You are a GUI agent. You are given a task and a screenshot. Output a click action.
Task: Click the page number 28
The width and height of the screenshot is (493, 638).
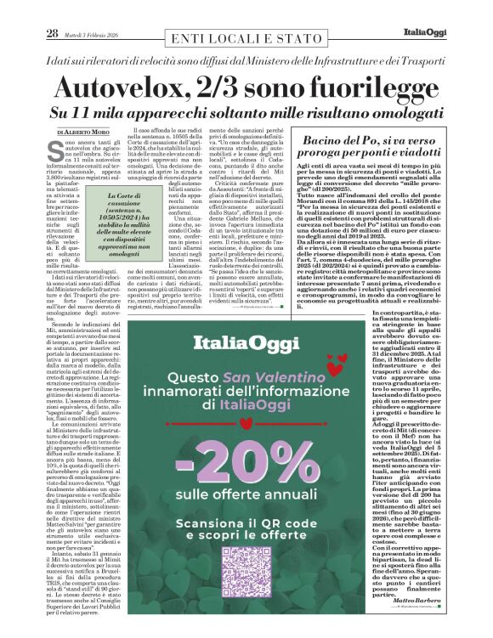pyautogui.click(x=52, y=33)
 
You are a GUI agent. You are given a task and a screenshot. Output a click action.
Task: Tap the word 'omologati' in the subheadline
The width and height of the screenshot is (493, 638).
pyautogui.click(x=401, y=113)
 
